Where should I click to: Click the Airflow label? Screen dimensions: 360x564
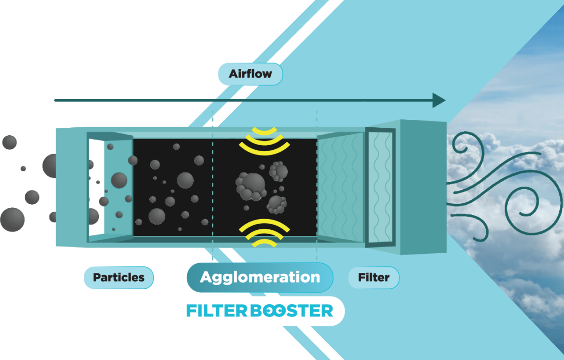coord(250,74)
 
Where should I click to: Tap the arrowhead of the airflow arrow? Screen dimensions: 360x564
coord(439,100)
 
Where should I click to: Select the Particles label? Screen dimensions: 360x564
coord(118,277)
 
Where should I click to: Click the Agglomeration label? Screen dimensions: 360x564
coord(260,277)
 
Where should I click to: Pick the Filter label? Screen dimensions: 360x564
coord(373,278)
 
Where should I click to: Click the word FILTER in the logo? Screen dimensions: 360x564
coord(217,311)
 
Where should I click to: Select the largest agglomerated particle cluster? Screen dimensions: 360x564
coord(251,186)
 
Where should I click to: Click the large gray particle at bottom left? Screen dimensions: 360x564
coord(12,220)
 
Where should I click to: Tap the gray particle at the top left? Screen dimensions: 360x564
coord(9,142)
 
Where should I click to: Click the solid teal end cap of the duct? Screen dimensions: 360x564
coord(423,187)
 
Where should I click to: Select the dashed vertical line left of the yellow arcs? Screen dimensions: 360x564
coord(213,187)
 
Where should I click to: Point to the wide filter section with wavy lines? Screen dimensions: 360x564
coord(341,187)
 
